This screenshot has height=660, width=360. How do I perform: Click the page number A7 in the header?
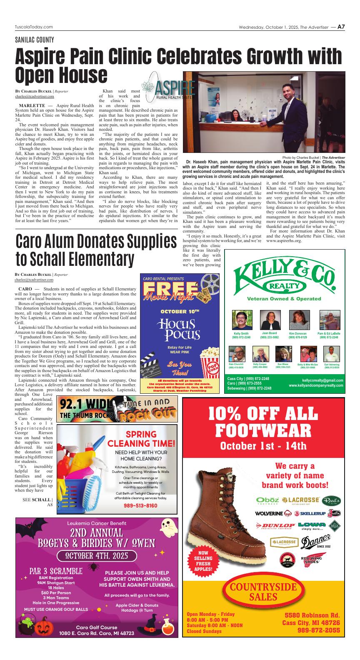coord(341,27)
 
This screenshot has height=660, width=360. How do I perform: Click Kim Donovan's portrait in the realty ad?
coord(297,320)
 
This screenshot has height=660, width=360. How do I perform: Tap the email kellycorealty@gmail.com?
coord(322,380)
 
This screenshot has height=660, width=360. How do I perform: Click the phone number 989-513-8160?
coord(140,505)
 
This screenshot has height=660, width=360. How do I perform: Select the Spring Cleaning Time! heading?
coord(141,439)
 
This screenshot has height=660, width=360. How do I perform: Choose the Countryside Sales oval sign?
coord(263,592)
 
